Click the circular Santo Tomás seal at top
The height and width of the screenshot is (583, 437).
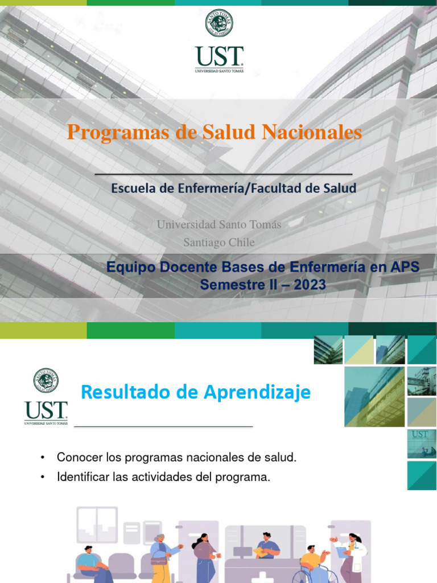[x=219, y=23]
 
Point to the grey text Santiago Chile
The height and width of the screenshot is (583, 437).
[x=219, y=243]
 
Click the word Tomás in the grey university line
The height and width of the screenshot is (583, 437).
[x=266, y=224]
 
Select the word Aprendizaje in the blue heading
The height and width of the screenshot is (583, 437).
[x=262, y=392]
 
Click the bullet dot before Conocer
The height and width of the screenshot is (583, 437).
[x=43, y=458]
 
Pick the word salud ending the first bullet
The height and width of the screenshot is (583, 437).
[x=280, y=457]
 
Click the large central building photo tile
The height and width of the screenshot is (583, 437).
[x=374, y=396]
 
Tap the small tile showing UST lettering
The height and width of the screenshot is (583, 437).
[x=422, y=444]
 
